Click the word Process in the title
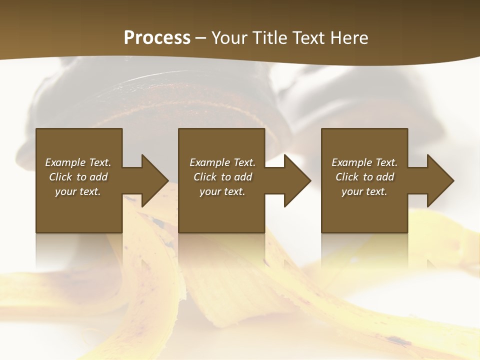coord(157,38)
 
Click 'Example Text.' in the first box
coord(78,162)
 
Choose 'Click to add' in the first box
coord(78,177)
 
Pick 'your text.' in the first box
coord(78,191)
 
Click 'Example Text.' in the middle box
coord(222,162)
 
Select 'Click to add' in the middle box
coord(222,177)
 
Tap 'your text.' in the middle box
coord(222,191)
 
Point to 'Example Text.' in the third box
coord(364,162)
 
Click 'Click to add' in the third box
coord(364,177)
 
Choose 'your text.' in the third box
coord(364,191)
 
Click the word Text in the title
coord(309,38)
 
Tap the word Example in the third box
coord(352,162)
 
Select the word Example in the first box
coord(65,162)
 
